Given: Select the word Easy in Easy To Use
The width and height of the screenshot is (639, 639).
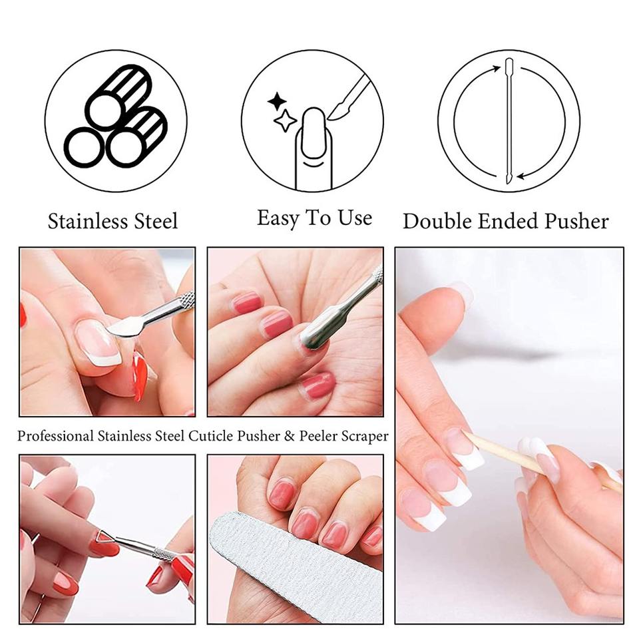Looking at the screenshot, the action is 278,218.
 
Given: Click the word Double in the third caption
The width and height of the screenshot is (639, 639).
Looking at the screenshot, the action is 437,221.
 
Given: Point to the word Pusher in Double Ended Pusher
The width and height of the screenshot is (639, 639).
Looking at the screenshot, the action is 577,221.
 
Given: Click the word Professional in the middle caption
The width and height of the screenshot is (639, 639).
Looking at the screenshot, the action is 55,436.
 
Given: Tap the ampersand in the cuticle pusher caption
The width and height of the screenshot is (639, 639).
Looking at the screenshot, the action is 290,436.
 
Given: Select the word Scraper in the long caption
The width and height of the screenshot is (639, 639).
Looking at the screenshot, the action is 365,437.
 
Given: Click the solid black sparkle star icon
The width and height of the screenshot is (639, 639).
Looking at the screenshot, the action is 277,101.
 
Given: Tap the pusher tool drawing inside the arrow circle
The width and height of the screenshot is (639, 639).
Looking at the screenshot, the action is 509,120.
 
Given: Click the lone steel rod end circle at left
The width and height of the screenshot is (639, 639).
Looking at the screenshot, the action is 85,147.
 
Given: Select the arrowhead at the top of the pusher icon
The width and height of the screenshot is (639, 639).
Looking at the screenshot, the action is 497,69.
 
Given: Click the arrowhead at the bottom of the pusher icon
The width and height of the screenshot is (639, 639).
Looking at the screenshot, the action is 521,176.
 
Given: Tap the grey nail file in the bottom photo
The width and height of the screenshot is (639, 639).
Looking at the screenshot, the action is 296,568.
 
